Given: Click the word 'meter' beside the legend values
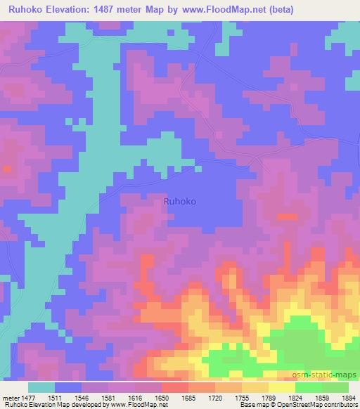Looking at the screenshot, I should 12,398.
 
